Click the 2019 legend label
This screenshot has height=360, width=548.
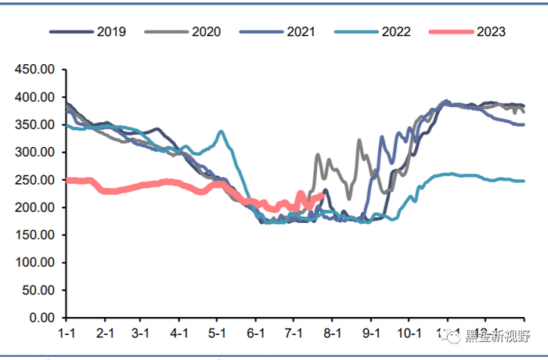[x=110, y=32]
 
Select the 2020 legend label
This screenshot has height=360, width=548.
[x=205, y=32]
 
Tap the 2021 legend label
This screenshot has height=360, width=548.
[x=300, y=32]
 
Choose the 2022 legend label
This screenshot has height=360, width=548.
[x=395, y=32]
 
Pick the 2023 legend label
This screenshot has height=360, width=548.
[x=490, y=32]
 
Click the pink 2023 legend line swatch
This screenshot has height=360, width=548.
[x=450, y=32]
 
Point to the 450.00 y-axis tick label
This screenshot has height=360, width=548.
[x=36, y=70]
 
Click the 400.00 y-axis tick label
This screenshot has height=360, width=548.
[x=36, y=98]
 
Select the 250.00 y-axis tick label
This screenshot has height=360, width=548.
[x=36, y=180]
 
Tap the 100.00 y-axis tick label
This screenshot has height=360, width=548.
[x=36, y=263]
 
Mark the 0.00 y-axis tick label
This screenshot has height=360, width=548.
[x=42, y=318]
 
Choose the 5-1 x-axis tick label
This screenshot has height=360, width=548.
[x=218, y=333]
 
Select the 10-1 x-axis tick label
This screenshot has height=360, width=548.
[x=409, y=333]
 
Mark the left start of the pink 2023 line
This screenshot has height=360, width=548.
[x=67, y=180]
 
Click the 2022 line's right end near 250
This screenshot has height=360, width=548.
[x=523, y=181]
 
